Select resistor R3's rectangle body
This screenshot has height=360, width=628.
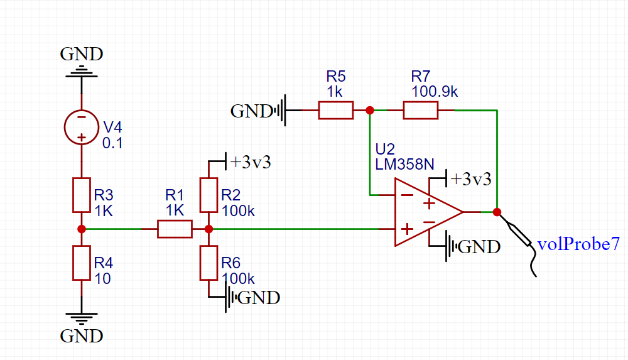(82, 195)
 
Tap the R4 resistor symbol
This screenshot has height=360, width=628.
(82, 263)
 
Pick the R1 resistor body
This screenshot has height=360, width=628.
(175, 229)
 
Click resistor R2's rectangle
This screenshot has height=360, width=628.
(208, 195)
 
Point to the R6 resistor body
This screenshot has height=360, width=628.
(208, 263)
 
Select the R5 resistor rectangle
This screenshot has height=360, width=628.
(336, 110)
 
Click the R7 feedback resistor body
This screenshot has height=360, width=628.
(421, 110)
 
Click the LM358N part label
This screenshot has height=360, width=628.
(404, 165)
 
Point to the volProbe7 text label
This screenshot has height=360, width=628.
(578, 244)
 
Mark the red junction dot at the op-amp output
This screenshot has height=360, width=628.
(497, 212)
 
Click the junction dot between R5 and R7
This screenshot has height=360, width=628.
(370, 110)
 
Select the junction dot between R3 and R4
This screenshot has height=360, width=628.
(82, 229)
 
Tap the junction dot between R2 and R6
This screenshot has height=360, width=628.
(208, 229)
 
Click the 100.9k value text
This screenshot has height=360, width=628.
(435, 91)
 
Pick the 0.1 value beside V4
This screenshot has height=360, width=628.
(112, 143)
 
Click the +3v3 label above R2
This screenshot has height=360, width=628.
(251, 162)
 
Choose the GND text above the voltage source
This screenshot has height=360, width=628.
(82, 54)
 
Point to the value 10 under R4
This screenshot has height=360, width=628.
(102, 278)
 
